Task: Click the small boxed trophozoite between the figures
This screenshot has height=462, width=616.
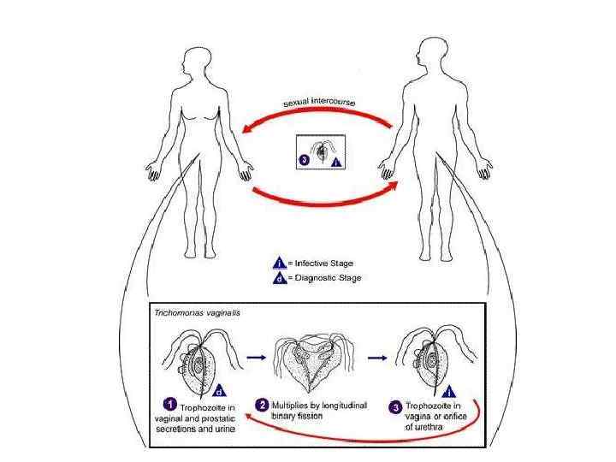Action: pos(320,151)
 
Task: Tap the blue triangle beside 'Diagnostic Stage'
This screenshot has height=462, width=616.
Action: pos(279,278)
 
